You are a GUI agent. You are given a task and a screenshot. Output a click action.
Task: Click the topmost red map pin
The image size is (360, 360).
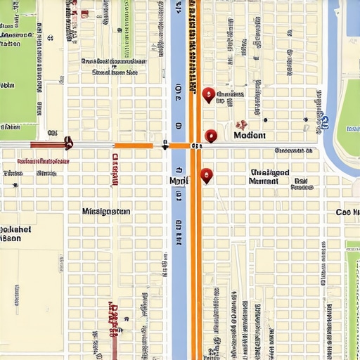pos(207,94)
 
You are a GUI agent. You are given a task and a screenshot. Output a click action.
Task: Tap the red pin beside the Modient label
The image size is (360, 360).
pos(211,136)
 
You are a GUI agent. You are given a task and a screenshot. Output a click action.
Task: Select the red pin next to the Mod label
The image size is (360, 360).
pos(206,175)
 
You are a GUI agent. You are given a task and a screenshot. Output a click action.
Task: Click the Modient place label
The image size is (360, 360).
pos(250,136)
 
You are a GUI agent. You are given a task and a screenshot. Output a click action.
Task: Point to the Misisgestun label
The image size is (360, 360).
pos(106,211)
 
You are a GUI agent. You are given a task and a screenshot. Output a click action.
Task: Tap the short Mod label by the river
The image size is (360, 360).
pos(179,181)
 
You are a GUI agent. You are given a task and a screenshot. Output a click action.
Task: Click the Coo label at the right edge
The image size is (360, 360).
pos(347,212)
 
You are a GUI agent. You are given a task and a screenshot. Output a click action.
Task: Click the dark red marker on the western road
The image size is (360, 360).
pos(68,143)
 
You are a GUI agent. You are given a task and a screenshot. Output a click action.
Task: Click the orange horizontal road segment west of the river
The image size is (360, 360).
pos(134,146)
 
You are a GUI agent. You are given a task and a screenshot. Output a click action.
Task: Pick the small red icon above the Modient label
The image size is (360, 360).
pos(241,124)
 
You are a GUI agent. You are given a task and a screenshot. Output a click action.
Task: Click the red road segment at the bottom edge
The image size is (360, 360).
pos(113,345)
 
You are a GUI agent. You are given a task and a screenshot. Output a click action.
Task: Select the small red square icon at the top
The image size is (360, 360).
pos(84,13)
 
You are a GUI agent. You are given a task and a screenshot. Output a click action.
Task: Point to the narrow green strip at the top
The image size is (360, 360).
pos(127,28)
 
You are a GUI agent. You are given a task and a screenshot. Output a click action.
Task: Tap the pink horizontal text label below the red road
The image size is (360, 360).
pos(43,161)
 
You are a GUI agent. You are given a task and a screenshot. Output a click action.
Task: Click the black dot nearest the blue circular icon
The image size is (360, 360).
pos(305,120)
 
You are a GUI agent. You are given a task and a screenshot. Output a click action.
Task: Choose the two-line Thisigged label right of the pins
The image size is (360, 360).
pos(269,176)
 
